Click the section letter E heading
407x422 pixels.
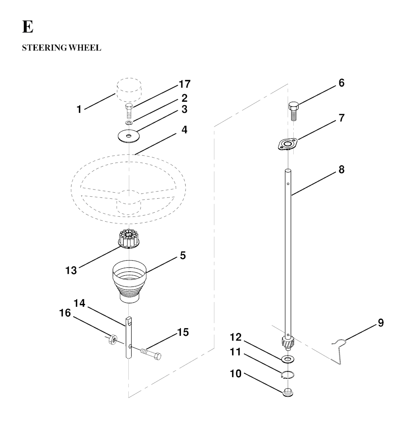coord(28,27)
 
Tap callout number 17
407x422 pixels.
coord(185,84)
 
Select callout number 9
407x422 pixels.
coord(381,322)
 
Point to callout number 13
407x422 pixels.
coord(71,270)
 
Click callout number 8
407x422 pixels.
coord(341,170)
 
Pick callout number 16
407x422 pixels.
coord(65,313)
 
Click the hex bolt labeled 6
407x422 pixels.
coord(293,111)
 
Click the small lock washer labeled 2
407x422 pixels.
coord(129,123)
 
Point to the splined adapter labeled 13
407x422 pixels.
coord(129,239)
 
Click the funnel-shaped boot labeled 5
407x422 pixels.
coord(130,281)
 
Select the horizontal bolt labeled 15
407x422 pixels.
coord(151,353)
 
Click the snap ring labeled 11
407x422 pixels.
coord(287,375)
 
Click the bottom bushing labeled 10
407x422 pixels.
coord(288,392)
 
